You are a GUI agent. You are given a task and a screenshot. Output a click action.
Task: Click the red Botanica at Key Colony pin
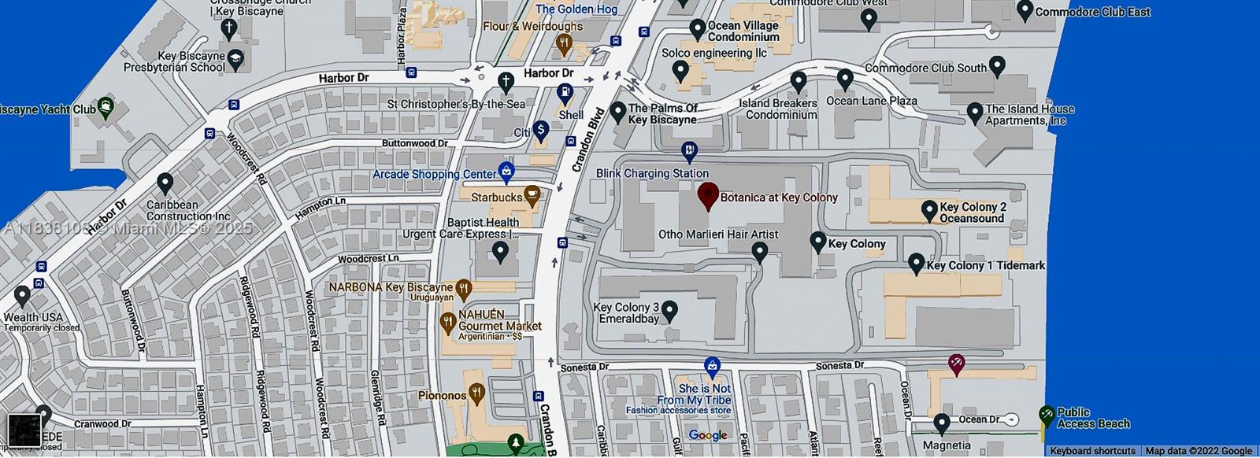click(x=708, y=194)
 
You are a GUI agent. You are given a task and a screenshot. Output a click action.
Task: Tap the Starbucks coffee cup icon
click(x=532, y=194)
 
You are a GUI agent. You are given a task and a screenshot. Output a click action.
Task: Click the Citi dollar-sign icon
click(x=540, y=129)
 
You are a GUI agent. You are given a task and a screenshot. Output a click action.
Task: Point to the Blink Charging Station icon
click(x=689, y=151)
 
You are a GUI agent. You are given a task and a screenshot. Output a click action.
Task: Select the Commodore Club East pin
click(x=1025, y=10)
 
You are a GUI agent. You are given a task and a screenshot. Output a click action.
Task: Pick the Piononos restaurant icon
click(x=476, y=392)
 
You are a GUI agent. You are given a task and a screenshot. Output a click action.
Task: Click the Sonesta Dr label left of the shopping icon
click(x=584, y=368)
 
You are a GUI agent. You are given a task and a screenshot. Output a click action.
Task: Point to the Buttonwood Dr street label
click(x=414, y=143)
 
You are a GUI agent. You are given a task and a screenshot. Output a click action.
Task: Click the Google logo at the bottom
click(x=707, y=435)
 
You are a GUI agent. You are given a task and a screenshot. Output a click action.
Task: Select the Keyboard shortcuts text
click(x=1092, y=451)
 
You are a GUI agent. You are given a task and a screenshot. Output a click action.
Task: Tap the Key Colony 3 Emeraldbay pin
click(x=669, y=311)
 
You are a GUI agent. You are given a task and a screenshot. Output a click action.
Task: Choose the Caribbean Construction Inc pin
click(x=165, y=183)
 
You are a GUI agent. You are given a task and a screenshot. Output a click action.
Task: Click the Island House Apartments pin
click(x=974, y=113)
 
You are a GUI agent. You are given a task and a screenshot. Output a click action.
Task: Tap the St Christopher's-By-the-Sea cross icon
click(x=506, y=80)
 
